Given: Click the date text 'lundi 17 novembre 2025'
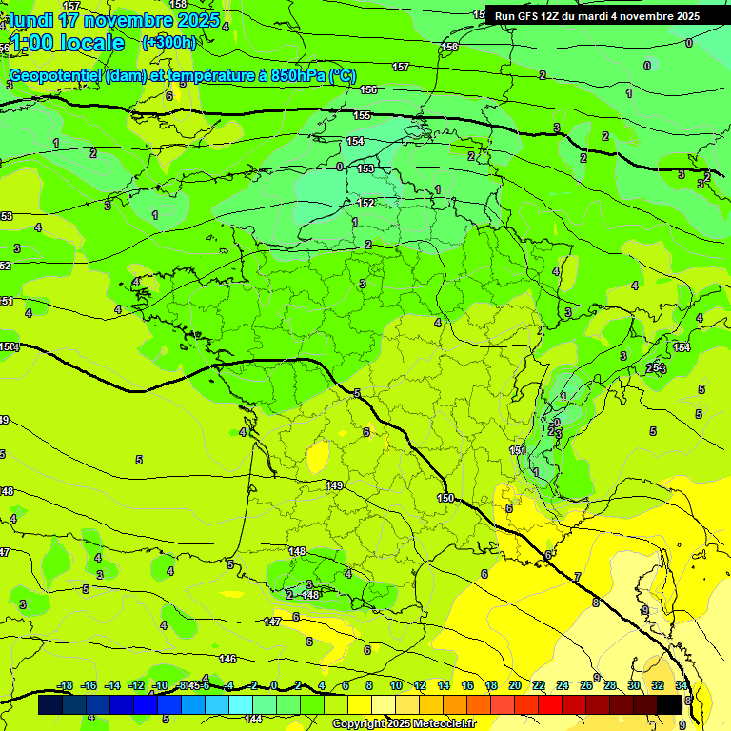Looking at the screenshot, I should click(x=114, y=20).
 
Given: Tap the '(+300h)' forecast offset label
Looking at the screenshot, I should click(x=168, y=43).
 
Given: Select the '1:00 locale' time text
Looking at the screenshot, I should click(x=67, y=43).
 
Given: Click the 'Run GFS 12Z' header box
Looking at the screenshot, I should click(x=597, y=15).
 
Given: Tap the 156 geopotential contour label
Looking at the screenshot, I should click(x=368, y=89).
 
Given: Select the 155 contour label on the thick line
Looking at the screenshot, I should click(x=362, y=115).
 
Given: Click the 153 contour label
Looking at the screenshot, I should click(x=365, y=168).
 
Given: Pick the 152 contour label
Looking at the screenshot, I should click(x=365, y=203).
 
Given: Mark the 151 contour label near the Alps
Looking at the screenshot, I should click(x=517, y=450).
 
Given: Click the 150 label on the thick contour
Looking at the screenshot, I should click(x=445, y=498).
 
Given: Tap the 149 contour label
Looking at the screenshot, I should click(x=334, y=485).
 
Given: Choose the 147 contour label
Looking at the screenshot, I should click(x=272, y=622).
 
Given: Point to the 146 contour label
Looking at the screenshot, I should click(x=227, y=659).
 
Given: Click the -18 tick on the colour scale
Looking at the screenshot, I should click(x=65, y=685).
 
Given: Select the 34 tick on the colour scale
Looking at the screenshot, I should click(x=682, y=685).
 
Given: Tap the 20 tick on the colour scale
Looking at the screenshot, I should click(x=514, y=685).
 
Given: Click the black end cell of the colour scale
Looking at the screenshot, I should click(x=669, y=704).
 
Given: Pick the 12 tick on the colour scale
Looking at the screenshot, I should click(x=419, y=685).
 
